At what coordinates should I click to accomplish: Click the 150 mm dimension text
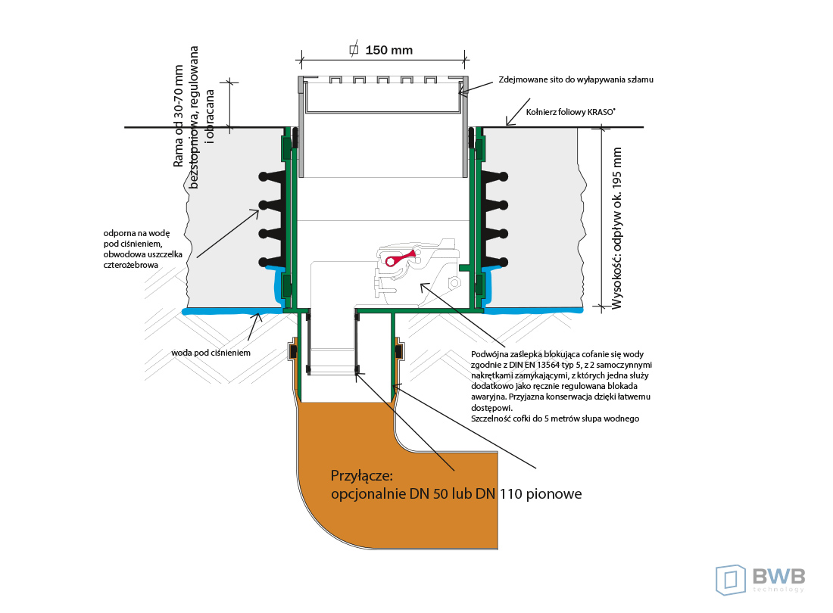389,51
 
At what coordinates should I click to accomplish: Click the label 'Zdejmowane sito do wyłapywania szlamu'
575,79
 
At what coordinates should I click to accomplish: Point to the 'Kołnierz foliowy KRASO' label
570,112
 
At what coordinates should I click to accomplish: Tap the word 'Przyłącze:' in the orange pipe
362,476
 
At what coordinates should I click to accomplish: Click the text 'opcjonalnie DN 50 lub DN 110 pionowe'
457,494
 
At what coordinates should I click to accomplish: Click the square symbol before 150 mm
353,51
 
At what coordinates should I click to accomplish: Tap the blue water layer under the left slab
227,310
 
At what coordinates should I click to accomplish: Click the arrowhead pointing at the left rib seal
257,211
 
